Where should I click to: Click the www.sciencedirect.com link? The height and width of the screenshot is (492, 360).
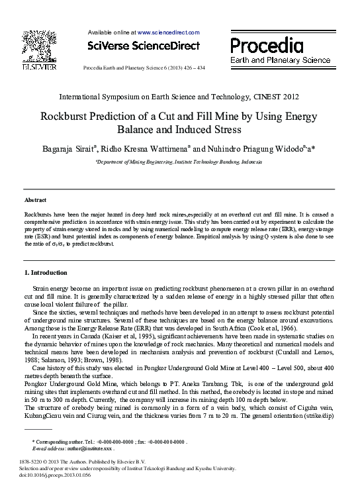168,32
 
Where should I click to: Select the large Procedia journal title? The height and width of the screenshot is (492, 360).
267,45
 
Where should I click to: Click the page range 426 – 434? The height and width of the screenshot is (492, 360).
190,68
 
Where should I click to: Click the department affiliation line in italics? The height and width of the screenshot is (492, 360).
179,161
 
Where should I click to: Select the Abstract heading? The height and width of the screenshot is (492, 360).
35,199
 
